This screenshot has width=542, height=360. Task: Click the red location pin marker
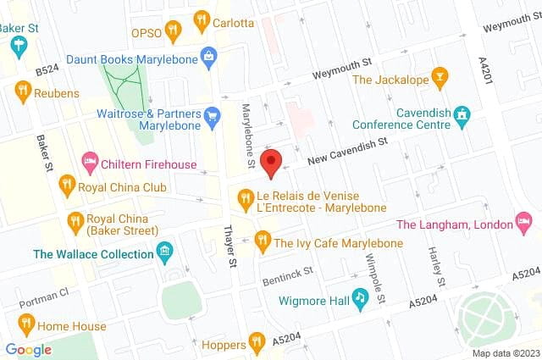(x=270, y=162)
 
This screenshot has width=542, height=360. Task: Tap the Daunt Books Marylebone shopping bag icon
(x=208, y=57)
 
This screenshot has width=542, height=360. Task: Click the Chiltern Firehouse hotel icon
(x=89, y=162)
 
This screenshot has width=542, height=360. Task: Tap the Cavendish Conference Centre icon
(x=461, y=114)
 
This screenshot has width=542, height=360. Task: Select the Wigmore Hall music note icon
(x=360, y=297)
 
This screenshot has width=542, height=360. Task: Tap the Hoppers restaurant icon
(x=257, y=342)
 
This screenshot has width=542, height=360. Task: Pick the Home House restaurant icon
(x=25, y=323)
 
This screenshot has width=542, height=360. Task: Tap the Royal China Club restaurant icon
(x=66, y=183)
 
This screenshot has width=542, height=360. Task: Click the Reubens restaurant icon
(x=22, y=91)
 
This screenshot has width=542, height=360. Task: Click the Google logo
(x=29, y=349)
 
